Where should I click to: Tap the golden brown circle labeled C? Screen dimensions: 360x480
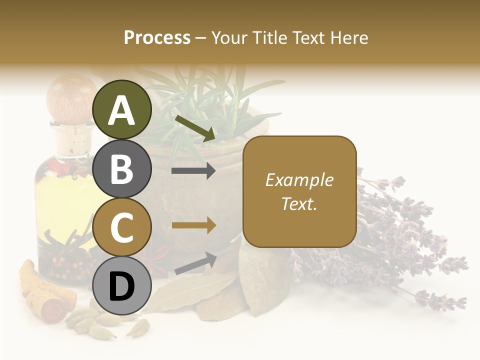pos(122,227)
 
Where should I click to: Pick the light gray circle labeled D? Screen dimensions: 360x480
pos(122,286)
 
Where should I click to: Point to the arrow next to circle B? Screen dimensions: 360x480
pos(193,171)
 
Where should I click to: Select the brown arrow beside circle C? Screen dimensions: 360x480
pos(193,226)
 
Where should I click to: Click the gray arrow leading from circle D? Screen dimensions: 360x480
pos(195,263)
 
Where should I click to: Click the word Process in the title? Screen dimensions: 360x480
pos(157,37)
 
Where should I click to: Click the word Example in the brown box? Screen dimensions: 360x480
pos(299,180)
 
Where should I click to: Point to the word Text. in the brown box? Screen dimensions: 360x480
pos(299,203)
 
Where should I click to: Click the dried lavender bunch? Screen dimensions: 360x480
pos(395,240)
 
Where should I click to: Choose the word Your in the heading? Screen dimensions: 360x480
pos(229,37)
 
